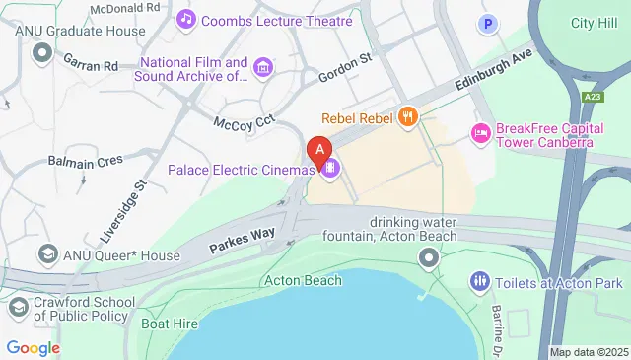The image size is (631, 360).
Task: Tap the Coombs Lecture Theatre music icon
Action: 185,20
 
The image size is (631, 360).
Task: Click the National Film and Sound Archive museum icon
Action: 263,67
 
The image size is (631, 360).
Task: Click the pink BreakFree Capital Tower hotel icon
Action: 481,132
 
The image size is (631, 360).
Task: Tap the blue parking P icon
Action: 486,24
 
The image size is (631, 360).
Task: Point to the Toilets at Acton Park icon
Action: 480,281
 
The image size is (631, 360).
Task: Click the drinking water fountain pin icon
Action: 428,259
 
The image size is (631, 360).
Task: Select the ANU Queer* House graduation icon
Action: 45,255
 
